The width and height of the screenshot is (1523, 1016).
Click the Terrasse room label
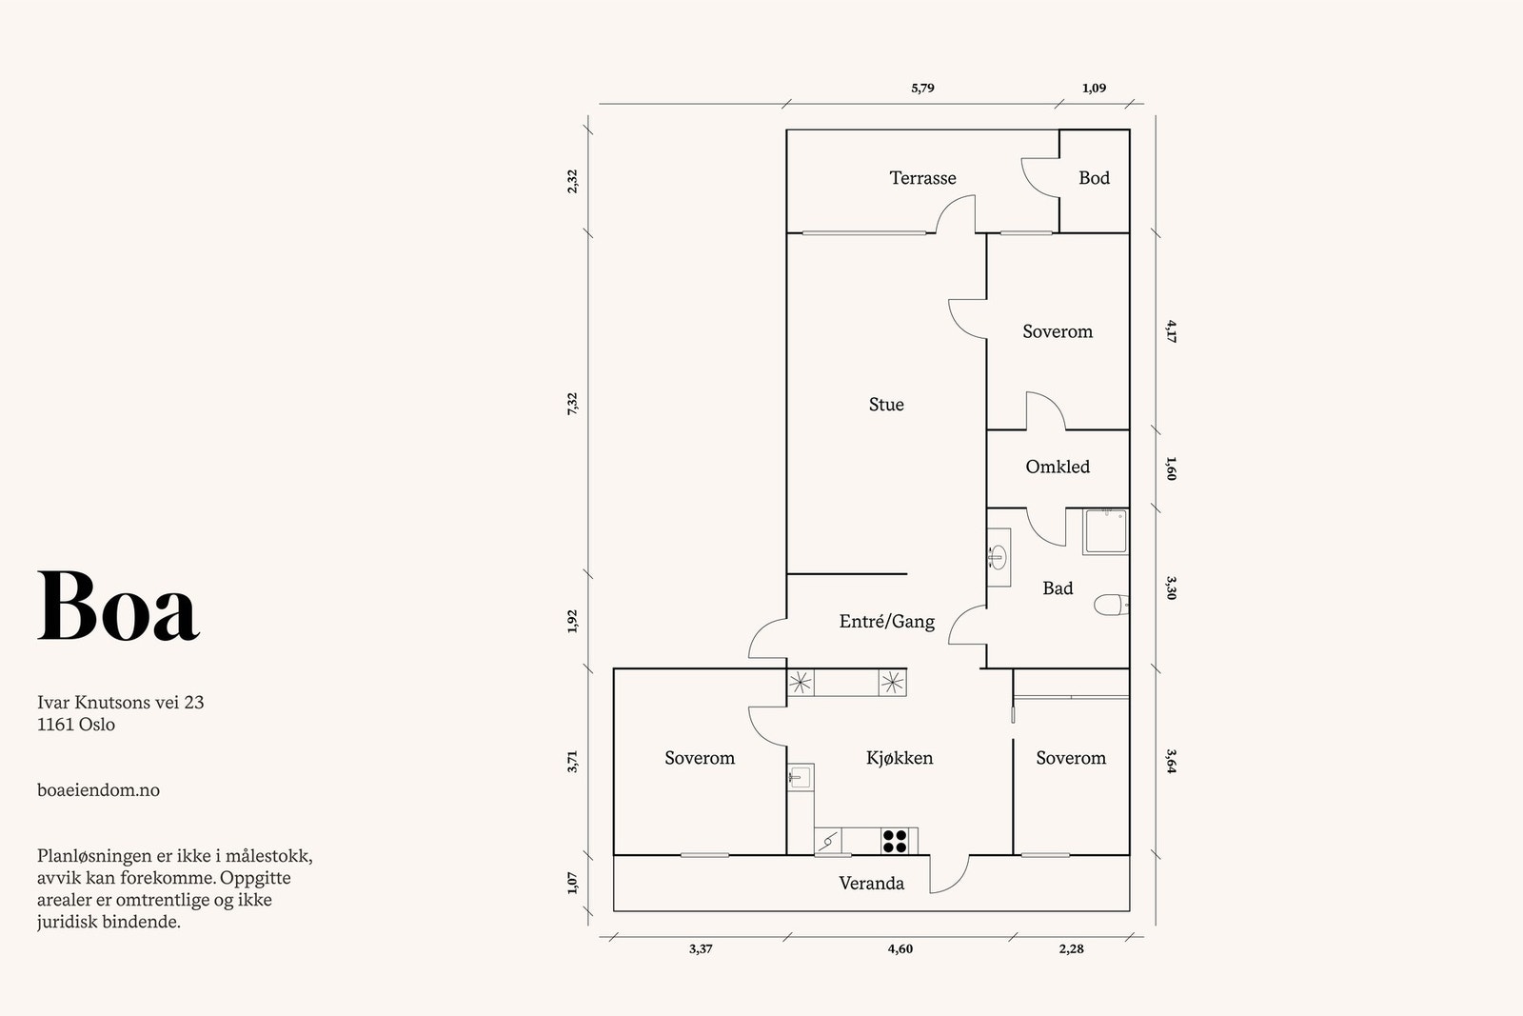922,178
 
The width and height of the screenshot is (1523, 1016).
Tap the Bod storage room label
1094,178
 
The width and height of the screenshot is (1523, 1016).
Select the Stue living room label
886,405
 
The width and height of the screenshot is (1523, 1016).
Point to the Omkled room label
1058,467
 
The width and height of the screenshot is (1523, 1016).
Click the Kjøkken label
900,758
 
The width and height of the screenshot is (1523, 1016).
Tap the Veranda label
871,884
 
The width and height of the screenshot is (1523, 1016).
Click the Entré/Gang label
886,622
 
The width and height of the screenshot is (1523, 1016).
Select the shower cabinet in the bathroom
1105,531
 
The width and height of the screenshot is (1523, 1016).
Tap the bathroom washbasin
999,557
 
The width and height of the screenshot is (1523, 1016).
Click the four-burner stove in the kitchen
894,841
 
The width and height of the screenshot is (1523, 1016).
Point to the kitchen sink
801,777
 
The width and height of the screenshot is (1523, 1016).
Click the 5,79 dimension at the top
922,89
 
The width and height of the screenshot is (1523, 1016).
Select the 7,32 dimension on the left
572,404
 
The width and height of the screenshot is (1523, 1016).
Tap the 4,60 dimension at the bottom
900,949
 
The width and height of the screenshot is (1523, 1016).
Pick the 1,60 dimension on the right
1171,468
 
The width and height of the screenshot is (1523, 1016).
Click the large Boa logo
118,606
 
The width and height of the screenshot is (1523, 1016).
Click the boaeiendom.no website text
99,790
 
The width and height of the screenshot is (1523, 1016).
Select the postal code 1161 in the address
55,725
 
